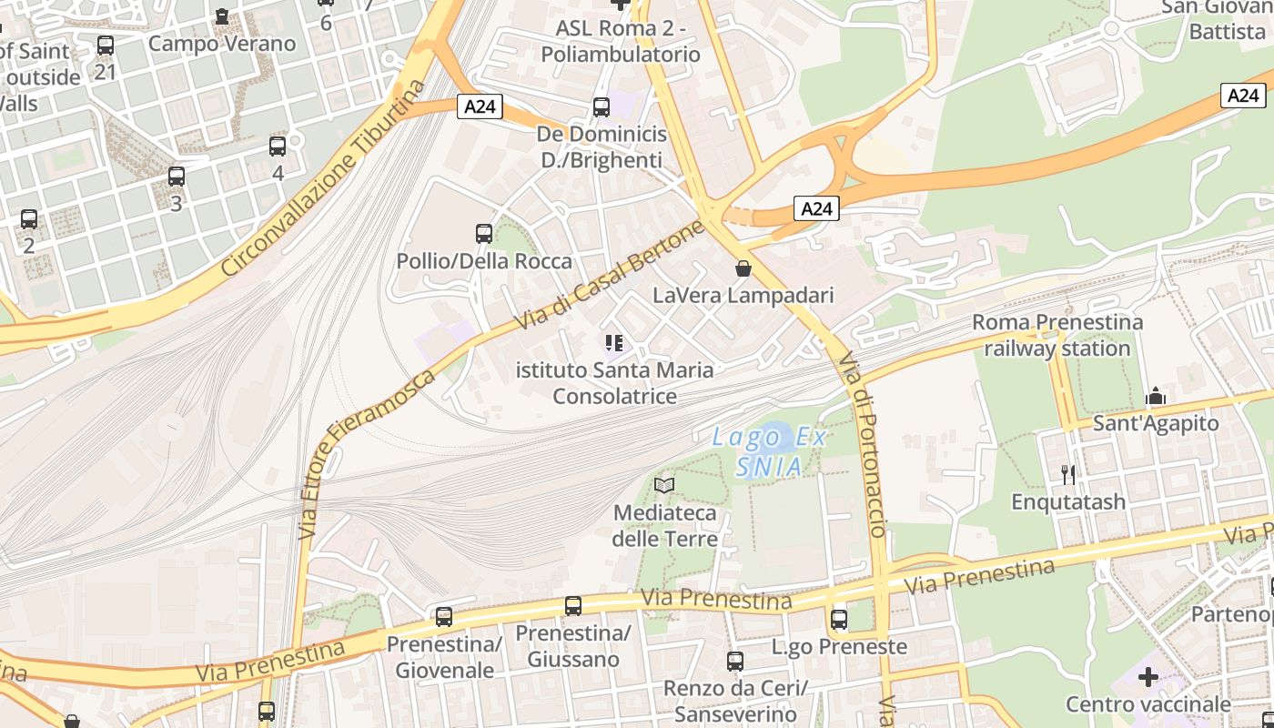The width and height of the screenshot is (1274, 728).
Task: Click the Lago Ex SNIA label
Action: click(x=769, y=452)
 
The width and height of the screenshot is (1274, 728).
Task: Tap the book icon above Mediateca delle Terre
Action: click(x=665, y=485)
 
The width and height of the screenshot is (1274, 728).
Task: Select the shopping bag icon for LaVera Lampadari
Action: click(x=743, y=268)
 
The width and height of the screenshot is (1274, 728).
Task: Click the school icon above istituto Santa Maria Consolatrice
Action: click(x=614, y=343)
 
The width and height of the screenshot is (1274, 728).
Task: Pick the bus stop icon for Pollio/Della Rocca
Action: click(x=484, y=234)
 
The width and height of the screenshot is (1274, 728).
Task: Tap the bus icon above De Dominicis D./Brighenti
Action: click(x=602, y=107)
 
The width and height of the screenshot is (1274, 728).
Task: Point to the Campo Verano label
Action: click(x=222, y=43)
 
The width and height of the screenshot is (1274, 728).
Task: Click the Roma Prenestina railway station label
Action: click(x=1057, y=335)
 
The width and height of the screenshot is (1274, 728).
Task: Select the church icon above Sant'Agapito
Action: click(x=1156, y=396)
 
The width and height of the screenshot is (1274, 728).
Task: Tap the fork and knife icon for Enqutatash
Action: click(x=1068, y=474)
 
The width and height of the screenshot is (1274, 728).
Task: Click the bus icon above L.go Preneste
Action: click(x=839, y=620)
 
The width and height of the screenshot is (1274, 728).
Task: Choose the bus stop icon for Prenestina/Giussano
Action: click(x=573, y=605)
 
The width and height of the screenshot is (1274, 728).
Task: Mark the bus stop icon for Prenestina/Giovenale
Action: click(x=444, y=617)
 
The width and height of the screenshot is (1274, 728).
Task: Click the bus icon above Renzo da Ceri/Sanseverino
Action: click(x=735, y=662)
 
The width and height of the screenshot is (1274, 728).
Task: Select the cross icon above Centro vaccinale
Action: click(x=1148, y=677)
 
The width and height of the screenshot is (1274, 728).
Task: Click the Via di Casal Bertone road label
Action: click(x=610, y=276)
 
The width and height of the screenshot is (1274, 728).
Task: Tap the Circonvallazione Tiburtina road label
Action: click(x=323, y=180)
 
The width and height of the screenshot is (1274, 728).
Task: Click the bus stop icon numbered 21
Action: click(x=106, y=45)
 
